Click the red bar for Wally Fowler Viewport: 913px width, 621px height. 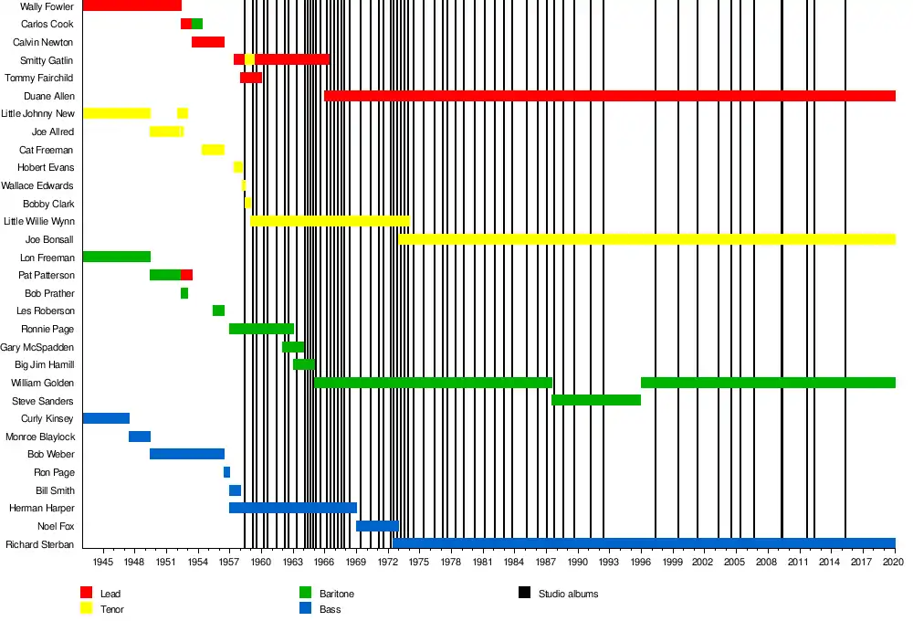131,6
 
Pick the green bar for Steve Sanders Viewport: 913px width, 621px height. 596,400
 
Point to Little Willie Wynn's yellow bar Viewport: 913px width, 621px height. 330,221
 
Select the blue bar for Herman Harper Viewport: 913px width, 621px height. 292,508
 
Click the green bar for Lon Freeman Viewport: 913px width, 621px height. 116,257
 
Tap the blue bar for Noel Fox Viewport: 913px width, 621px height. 377,526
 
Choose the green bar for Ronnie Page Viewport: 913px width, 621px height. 261,329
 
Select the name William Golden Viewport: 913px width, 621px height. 42,383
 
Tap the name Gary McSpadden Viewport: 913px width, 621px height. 37,347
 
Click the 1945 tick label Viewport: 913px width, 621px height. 102,563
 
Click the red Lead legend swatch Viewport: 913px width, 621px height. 87,594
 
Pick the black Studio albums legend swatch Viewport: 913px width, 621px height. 525,594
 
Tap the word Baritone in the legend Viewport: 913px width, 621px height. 337,595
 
